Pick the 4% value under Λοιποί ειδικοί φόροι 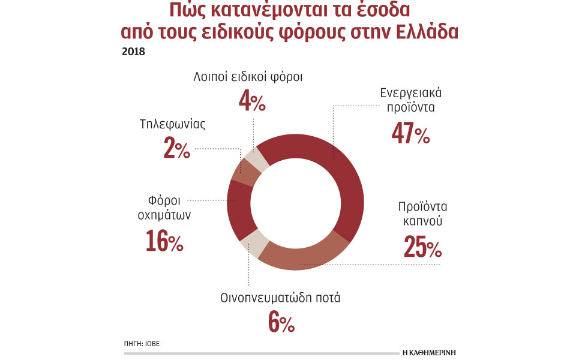click(252, 102)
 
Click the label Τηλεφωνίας click(173, 125)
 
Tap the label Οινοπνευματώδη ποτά click(280, 298)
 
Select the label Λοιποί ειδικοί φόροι click(248, 77)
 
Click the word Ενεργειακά click(411, 94)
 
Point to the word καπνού click(421, 221)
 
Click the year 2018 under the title click(133, 51)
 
